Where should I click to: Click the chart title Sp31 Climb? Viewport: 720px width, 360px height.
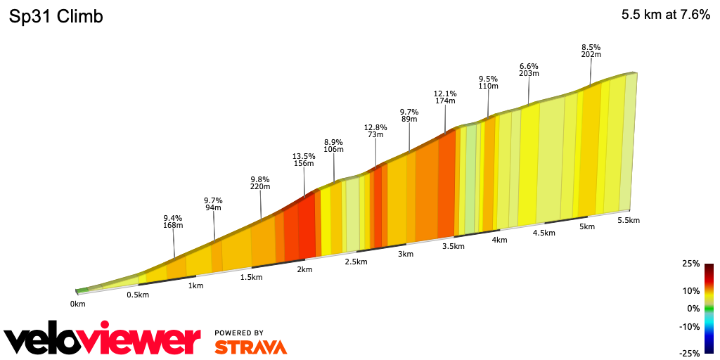tap(56, 16)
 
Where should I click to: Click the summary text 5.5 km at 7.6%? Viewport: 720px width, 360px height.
tap(665, 15)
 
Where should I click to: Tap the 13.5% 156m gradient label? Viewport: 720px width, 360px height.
tap(304, 160)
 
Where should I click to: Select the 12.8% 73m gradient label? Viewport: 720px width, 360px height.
tap(375, 131)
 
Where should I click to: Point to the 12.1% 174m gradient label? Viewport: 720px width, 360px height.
tap(445, 97)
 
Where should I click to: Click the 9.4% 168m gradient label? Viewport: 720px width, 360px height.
tap(174, 221)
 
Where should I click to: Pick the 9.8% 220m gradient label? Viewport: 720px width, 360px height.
tap(260, 183)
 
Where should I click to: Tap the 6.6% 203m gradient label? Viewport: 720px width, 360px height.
tap(529, 70)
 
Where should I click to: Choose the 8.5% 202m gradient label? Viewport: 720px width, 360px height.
tap(591, 51)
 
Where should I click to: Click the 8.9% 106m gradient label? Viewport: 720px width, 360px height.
tap(333, 146)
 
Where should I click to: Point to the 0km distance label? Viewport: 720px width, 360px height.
tap(77, 304)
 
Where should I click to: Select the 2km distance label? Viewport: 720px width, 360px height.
tap(304, 270)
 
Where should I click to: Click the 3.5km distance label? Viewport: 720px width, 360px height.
tap(454, 246)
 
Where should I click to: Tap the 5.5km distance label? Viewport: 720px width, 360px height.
tap(628, 220)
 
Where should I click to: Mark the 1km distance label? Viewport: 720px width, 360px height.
tap(195, 285)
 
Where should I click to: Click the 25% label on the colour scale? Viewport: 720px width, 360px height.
tap(690, 264)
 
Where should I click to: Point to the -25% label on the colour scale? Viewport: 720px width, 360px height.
tap(689, 353)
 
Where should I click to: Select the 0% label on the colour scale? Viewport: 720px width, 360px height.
tap(693, 309)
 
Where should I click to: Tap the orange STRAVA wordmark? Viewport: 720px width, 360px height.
tap(250, 347)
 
